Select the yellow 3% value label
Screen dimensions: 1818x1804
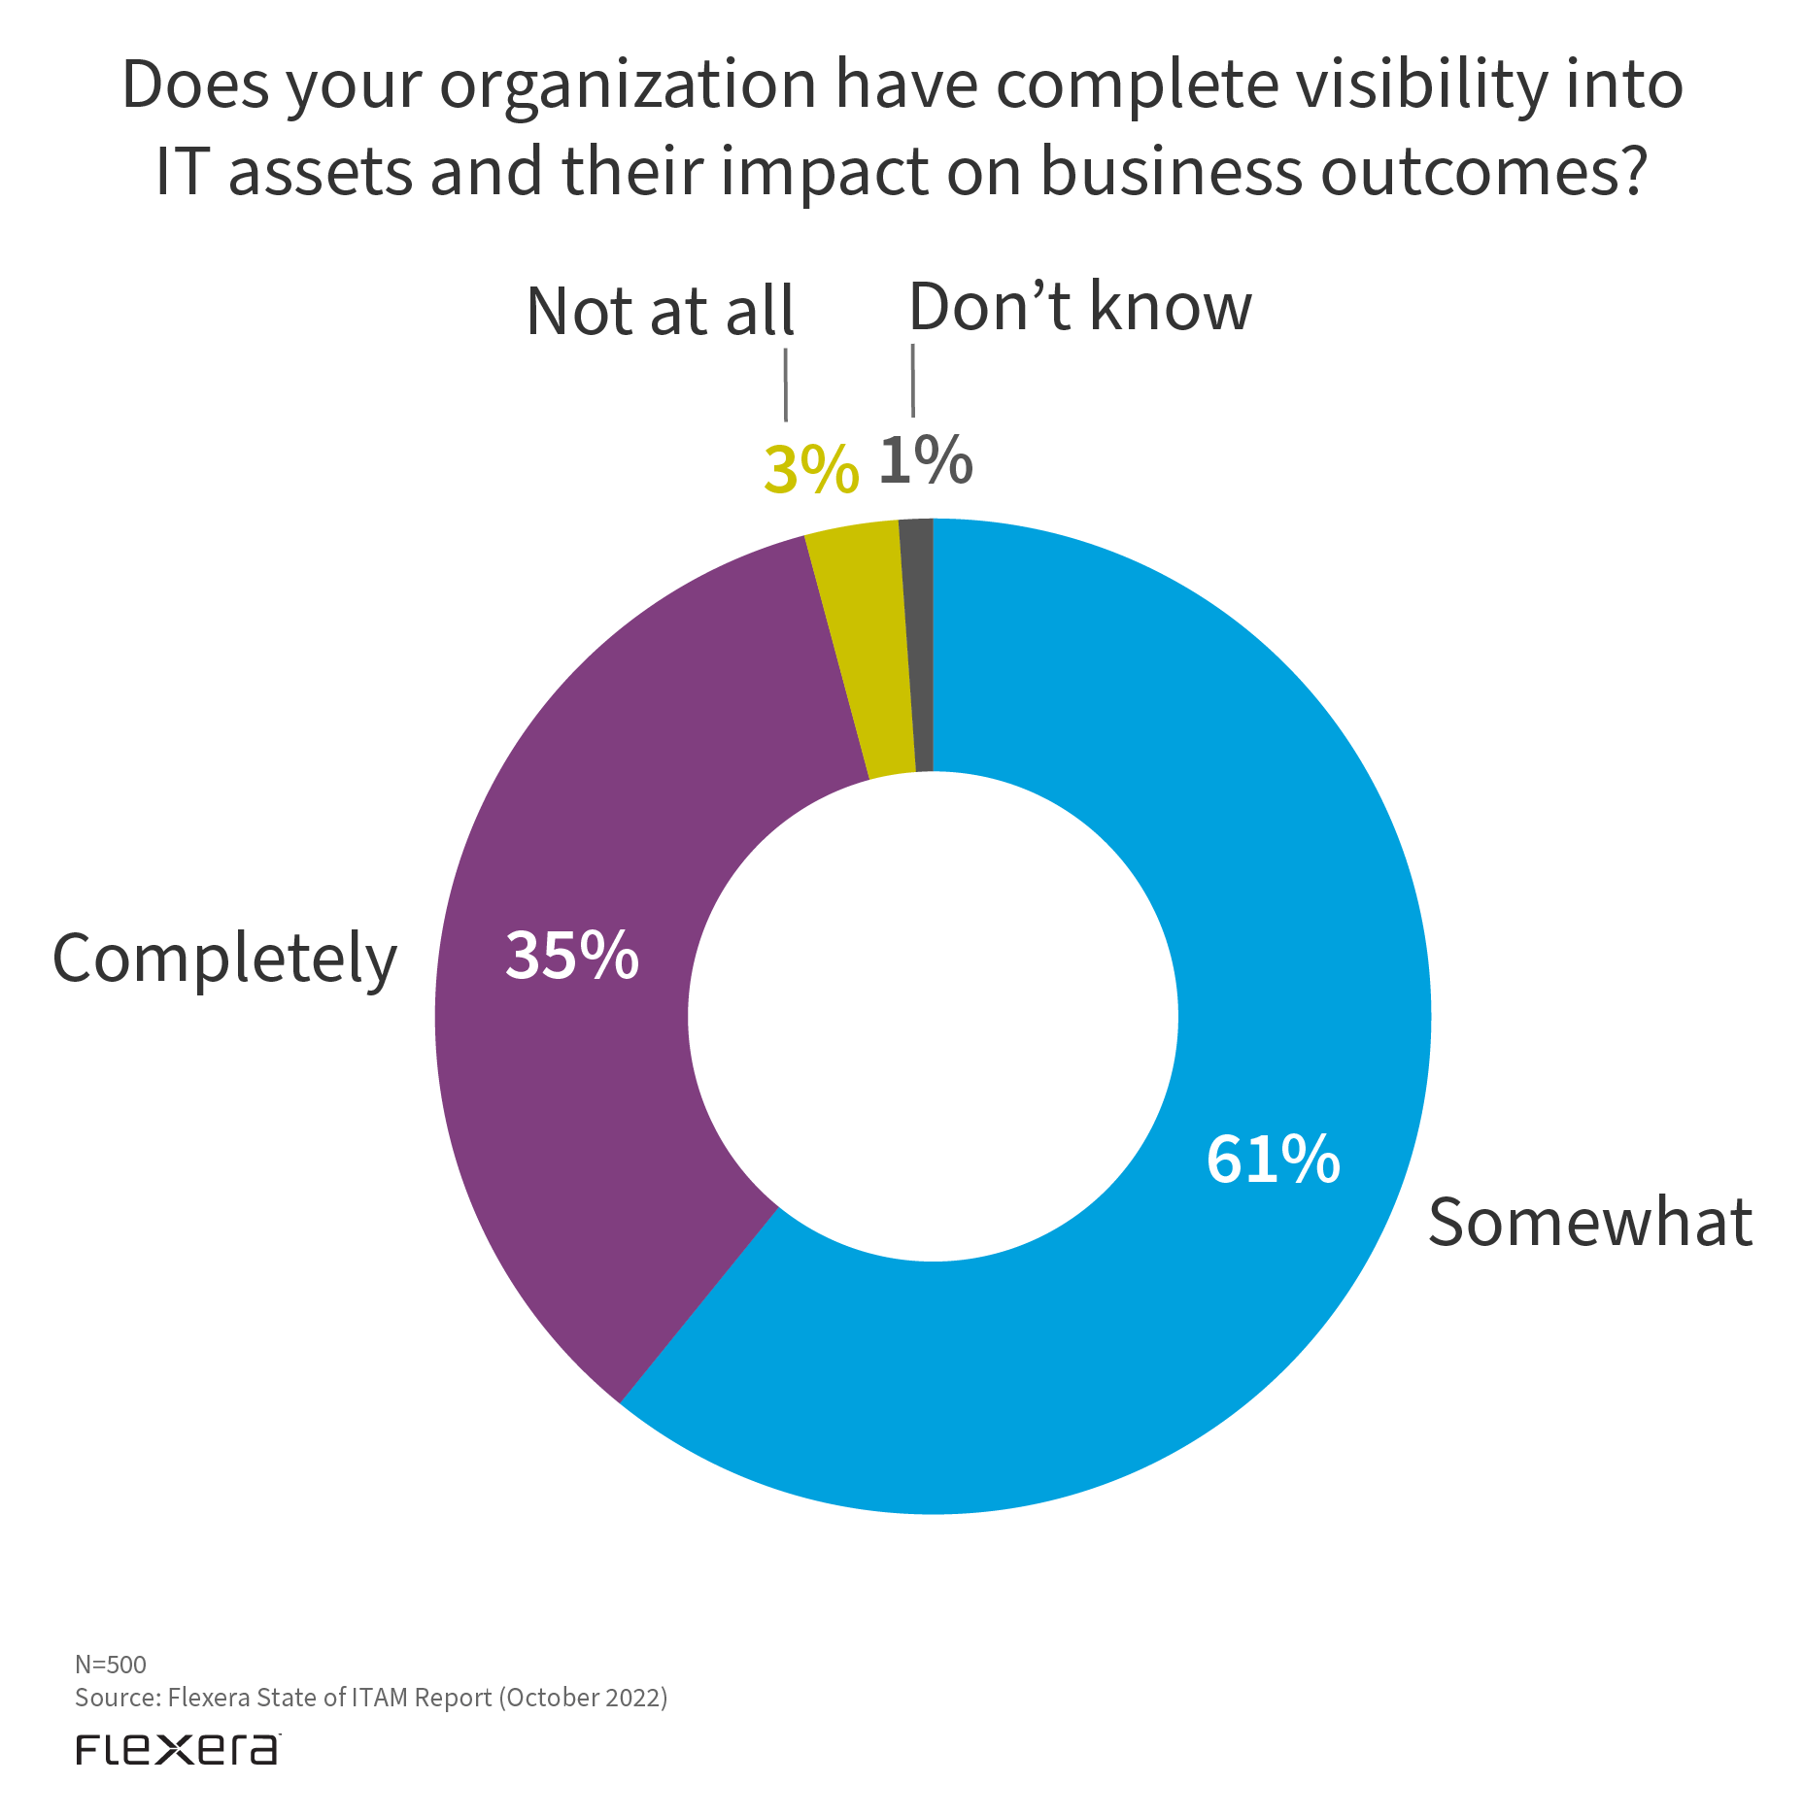point(811,470)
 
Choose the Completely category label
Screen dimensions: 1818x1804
point(224,959)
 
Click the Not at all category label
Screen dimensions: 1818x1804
point(661,312)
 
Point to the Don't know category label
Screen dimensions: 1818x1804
point(1080,307)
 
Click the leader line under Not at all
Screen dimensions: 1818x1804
point(785,386)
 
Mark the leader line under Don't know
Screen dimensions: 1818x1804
point(912,381)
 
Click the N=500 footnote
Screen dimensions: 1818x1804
point(111,1665)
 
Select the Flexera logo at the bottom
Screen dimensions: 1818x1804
point(178,1749)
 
